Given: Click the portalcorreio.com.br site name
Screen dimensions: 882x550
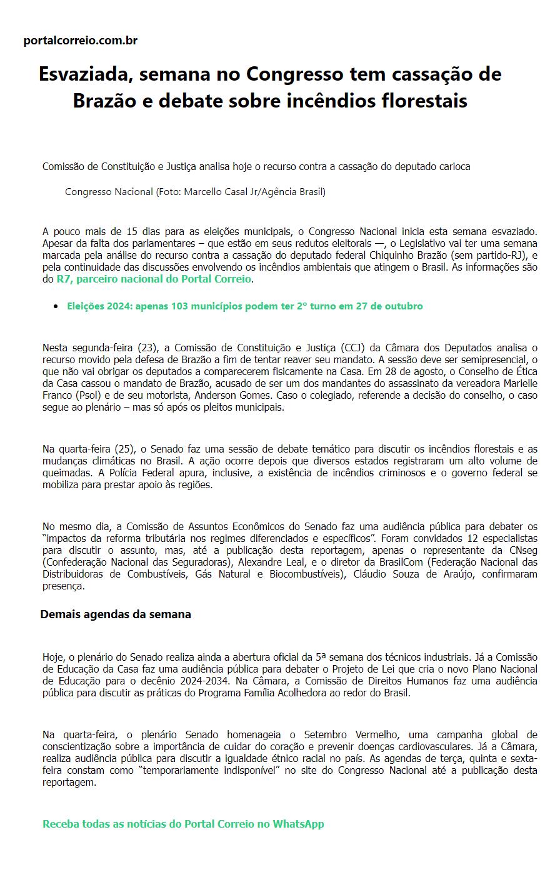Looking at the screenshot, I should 80,41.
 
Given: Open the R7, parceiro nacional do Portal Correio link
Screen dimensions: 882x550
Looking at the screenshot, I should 154,279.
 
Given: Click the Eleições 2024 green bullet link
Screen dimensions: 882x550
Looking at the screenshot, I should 244,306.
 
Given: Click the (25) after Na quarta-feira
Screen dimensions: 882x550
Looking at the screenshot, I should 124,449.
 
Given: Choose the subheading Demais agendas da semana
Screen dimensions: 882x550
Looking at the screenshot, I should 116,614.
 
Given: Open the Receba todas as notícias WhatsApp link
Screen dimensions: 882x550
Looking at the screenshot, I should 183,824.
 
